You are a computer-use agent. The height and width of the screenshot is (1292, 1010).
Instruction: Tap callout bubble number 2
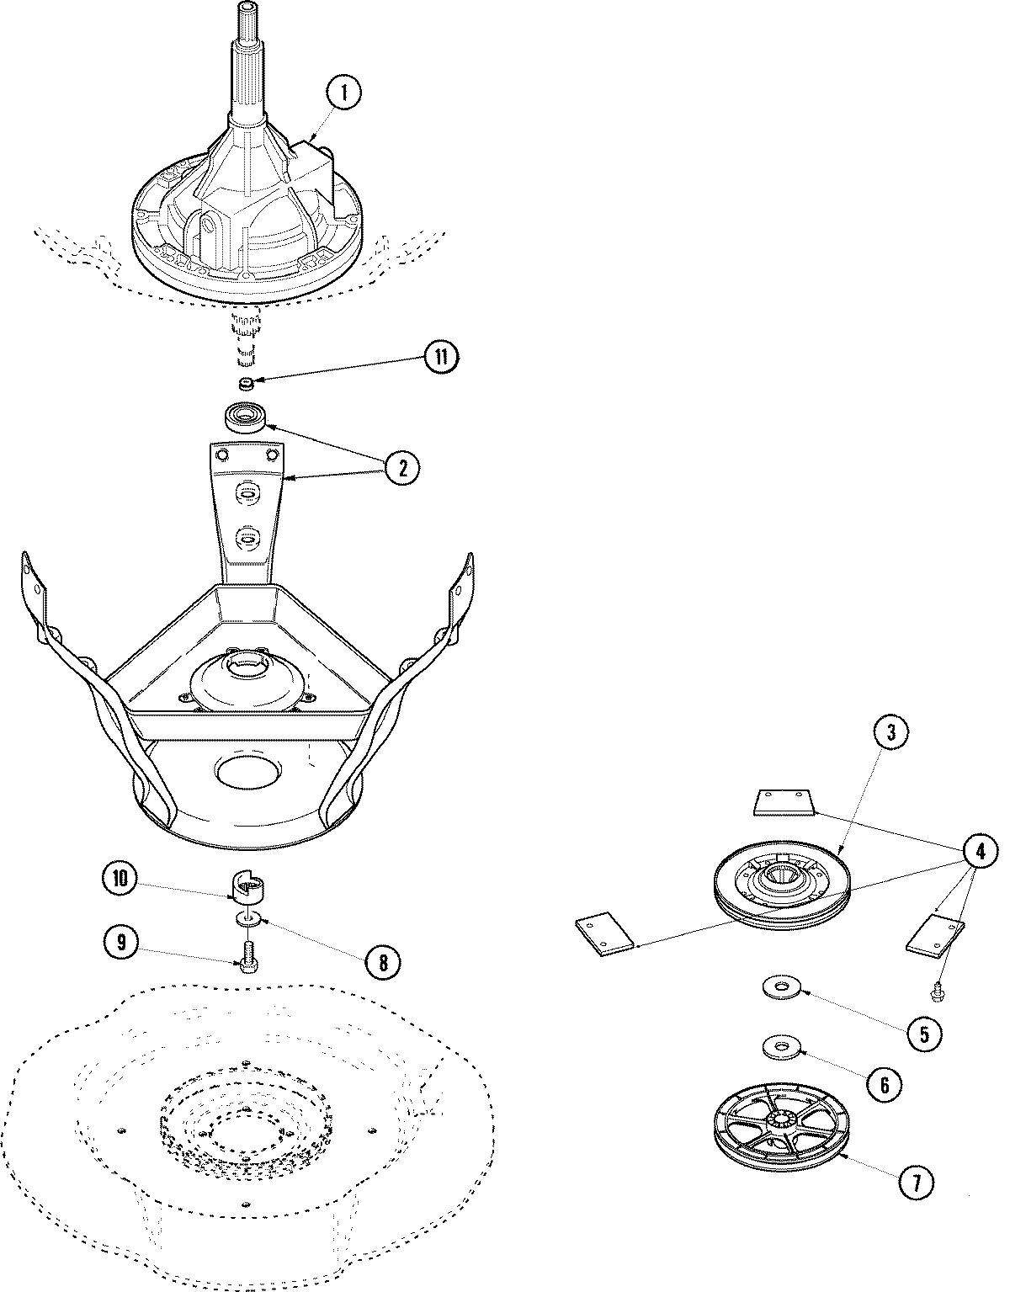(x=401, y=469)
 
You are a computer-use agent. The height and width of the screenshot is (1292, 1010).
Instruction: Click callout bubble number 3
(x=891, y=733)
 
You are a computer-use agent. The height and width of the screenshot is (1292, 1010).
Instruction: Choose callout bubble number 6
(x=884, y=1085)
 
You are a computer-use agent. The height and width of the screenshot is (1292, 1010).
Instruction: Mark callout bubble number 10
(x=123, y=880)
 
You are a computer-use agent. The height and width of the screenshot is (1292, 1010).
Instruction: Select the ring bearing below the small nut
(x=246, y=417)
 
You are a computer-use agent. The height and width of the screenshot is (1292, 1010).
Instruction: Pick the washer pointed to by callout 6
(x=781, y=1048)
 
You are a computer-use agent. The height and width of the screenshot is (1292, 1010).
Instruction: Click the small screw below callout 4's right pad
(x=937, y=993)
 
